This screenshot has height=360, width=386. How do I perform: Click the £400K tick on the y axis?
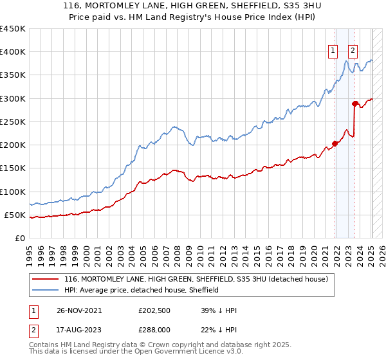13,52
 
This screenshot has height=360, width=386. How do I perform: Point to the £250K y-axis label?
13,122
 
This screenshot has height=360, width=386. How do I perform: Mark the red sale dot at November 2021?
335,144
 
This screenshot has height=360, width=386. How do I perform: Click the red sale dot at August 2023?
354,104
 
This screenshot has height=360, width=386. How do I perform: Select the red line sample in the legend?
46,280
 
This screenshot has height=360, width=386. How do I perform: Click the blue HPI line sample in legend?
46,291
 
